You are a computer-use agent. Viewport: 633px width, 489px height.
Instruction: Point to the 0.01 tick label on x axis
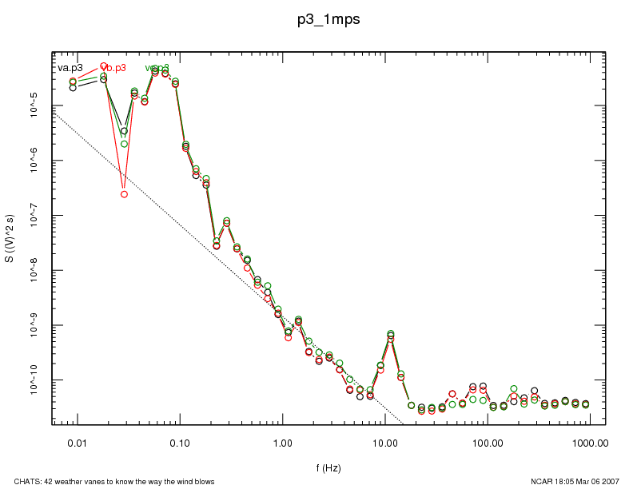77,442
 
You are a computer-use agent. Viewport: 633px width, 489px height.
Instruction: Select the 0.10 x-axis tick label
180,442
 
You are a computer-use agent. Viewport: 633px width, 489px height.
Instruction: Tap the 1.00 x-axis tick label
282,442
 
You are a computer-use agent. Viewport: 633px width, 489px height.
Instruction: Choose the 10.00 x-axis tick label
385,442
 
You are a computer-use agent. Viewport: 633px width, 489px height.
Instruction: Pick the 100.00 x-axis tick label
488,442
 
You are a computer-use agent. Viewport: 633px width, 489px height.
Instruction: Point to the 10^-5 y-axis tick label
34,105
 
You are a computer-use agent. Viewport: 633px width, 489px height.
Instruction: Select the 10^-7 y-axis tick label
34,216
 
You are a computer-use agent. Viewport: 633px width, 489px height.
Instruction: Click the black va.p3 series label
70,68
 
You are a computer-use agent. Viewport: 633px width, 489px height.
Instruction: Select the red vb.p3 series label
112,68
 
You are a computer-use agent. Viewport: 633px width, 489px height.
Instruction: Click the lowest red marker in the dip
124,194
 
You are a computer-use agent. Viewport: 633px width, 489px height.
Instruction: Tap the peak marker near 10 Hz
390,334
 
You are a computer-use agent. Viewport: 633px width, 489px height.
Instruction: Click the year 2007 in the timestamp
609,481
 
